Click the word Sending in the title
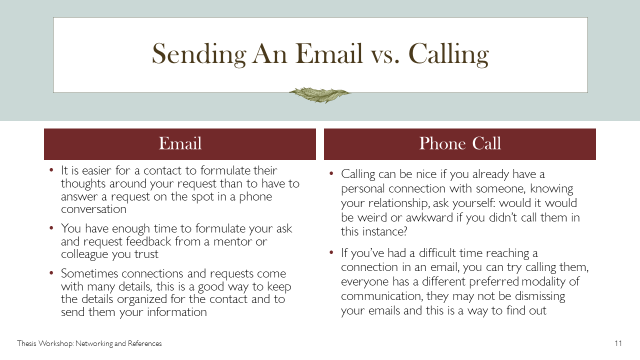199,54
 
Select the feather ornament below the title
320,95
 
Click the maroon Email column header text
180,143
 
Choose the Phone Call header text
460,143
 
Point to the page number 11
618,343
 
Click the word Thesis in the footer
26,343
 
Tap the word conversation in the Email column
93,209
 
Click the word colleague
84,254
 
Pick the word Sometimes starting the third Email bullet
89,273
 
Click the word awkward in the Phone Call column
429,217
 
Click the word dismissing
540,296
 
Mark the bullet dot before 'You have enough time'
51,228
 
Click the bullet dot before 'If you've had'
331,252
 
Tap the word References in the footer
144,343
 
